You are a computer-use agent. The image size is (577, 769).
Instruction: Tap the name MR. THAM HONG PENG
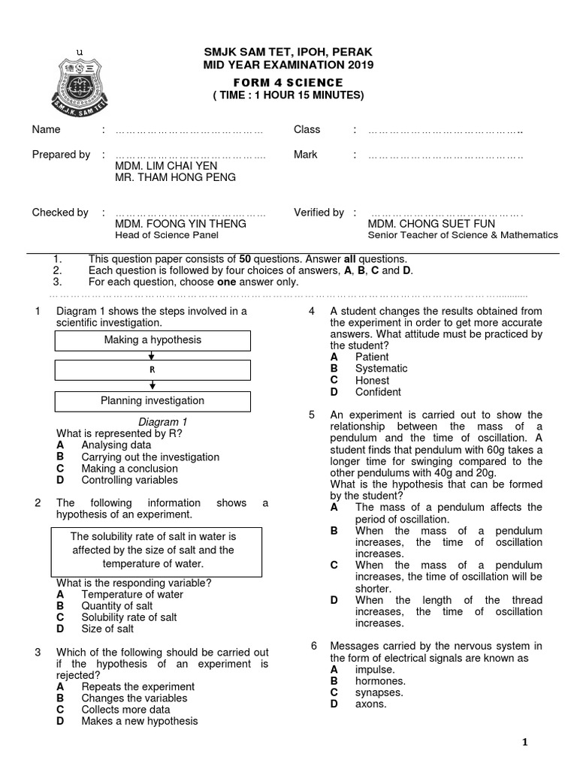tap(175, 177)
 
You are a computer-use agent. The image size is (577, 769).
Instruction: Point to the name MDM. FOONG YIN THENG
tap(180, 224)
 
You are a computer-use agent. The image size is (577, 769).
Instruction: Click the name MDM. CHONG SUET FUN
tap(431, 224)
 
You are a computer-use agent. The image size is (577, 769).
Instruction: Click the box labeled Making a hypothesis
tap(153, 340)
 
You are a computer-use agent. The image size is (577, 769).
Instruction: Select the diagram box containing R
tap(153, 370)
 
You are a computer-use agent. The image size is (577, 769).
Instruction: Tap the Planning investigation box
tap(153, 401)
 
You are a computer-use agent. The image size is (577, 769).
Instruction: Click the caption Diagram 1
tap(163, 422)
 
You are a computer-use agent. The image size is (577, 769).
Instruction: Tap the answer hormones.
tap(380, 681)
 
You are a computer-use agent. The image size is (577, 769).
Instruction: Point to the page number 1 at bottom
tap(525, 743)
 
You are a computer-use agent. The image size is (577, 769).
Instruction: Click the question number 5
tap(312, 415)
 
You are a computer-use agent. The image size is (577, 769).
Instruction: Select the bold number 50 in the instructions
tap(244, 259)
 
